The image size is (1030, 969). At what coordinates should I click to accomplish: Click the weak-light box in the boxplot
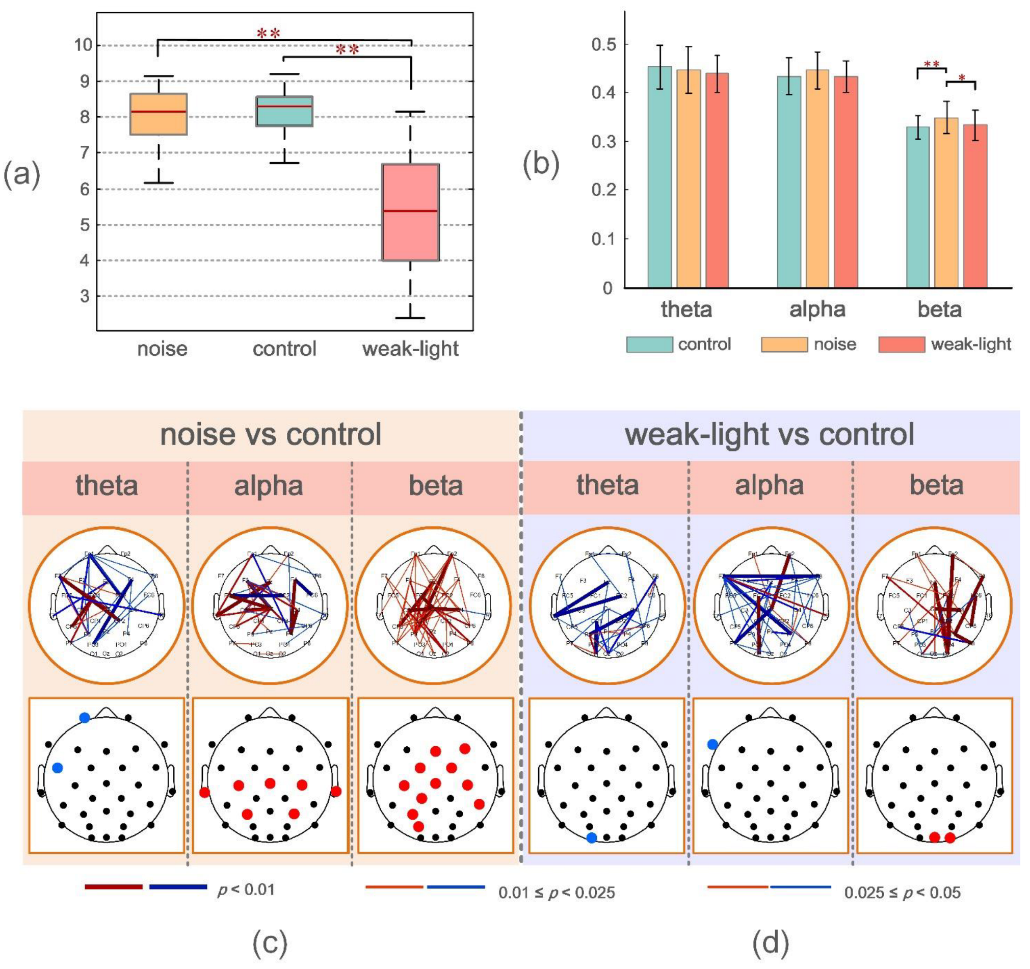coord(410,213)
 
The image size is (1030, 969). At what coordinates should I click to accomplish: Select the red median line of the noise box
coord(158,112)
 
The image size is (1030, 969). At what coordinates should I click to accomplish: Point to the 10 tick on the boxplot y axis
coord(83,45)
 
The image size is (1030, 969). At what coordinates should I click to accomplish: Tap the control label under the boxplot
coord(284,349)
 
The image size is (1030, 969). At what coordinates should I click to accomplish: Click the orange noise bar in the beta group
coord(946,202)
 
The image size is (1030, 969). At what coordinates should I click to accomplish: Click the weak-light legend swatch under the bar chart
coord(902,345)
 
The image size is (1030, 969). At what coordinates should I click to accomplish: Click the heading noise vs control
coord(271,434)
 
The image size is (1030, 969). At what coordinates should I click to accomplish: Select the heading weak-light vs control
coord(770,434)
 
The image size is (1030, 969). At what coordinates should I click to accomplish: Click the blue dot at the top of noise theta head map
coord(85,717)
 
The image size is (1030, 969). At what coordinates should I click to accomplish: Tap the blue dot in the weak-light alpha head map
coord(712,744)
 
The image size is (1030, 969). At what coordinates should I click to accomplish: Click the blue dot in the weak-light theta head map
coord(592,837)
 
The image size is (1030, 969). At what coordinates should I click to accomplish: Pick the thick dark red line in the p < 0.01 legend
coord(114,886)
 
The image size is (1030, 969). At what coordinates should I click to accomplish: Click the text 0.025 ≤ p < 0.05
coord(902,893)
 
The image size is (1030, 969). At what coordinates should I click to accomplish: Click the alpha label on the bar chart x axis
coord(817,309)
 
